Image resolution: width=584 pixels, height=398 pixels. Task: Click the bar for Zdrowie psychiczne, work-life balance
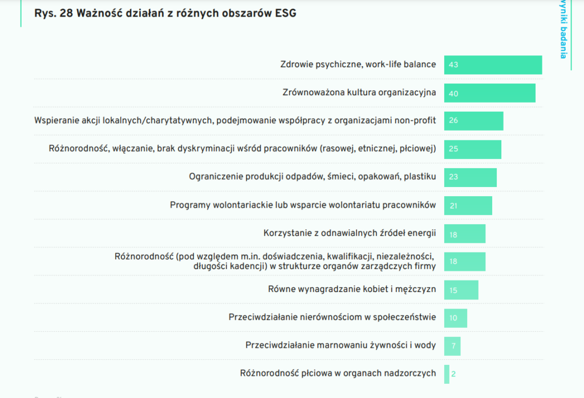click(x=493, y=65)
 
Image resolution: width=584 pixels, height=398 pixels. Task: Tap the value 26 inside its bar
click(x=453, y=121)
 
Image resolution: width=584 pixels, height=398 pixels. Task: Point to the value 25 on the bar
click(x=453, y=149)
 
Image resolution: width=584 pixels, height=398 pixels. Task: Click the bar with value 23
click(x=471, y=177)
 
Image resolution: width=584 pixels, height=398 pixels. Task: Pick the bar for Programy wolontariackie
click(x=468, y=205)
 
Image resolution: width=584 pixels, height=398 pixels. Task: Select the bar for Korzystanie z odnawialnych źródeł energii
click(x=465, y=234)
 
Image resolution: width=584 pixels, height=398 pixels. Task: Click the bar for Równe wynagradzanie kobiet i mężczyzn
click(x=461, y=290)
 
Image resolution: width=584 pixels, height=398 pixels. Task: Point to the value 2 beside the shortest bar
click(x=453, y=374)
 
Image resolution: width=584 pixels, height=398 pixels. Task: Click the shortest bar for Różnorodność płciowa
click(x=447, y=374)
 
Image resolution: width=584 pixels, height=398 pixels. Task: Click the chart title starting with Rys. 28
click(x=165, y=13)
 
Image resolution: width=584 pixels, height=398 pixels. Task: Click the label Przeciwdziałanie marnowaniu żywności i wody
click(x=340, y=346)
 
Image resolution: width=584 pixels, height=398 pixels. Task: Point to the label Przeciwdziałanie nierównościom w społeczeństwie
click(x=332, y=317)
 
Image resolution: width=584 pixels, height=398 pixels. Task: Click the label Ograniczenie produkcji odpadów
click(x=313, y=177)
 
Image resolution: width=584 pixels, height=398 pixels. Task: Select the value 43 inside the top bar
click(x=453, y=65)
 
